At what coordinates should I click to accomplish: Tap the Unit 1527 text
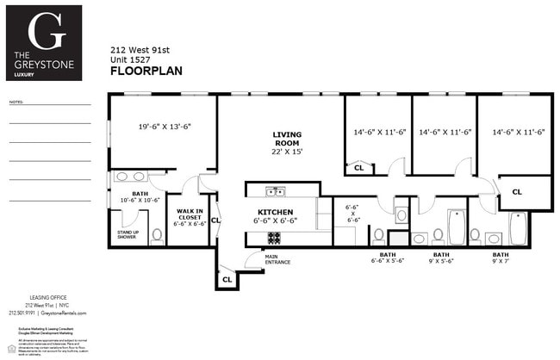(x=130, y=60)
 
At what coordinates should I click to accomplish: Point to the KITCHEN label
(x=276, y=212)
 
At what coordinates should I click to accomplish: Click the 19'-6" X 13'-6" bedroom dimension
(x=164, y=127)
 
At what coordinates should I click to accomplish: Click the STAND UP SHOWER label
(x=128, y=235)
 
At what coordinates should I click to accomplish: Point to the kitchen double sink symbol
(x=275, y=191)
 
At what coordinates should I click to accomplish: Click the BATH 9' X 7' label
(x=500, y=258)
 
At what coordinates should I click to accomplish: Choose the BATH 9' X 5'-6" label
(x=440, y=258)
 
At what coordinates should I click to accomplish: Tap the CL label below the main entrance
(x=227, y=279)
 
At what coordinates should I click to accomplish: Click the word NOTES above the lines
(x=16, y=102)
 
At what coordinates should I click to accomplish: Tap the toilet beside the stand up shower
(x=157, y=233)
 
